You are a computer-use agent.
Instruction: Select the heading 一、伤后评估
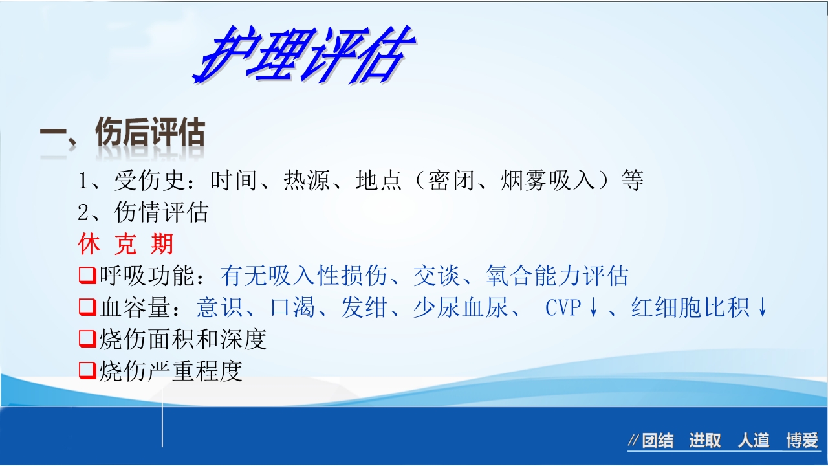pos(122,135)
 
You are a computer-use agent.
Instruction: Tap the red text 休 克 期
pos(125,245)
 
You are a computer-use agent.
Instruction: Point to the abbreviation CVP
pos(563,308)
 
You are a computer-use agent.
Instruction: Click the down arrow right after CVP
pos(594,308)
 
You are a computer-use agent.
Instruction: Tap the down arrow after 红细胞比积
pos(763,308)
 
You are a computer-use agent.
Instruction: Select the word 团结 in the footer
pos(657,441)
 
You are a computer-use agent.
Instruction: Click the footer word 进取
pos(704,441)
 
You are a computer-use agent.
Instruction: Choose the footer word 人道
pos(754,441)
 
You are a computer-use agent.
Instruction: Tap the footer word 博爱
pos(802,441)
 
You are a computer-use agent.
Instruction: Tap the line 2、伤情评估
pos(143,212)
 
